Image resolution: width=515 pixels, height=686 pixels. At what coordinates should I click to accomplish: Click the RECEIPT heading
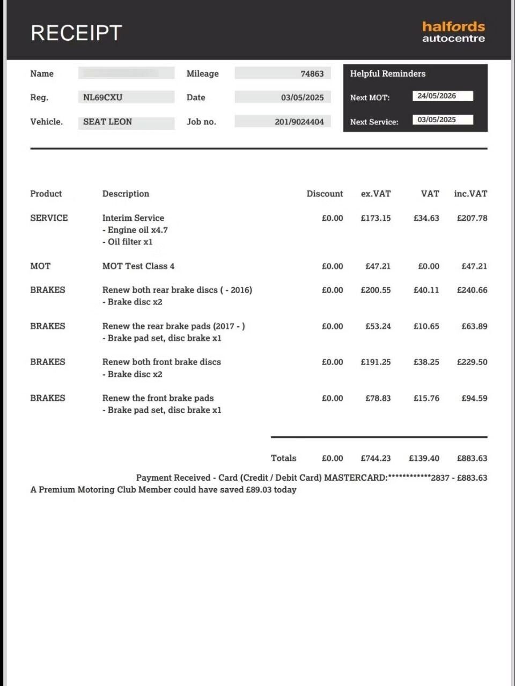pyautogui.click(x=76, y=33)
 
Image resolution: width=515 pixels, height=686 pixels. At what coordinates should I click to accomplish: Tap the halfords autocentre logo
pyautogui.click(x=453, y=32)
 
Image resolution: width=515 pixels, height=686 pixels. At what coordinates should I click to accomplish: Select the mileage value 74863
pyautogui.click(x=312, y=73)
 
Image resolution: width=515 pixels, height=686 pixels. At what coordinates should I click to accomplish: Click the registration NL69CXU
pyautogui.click(x=102, y=97)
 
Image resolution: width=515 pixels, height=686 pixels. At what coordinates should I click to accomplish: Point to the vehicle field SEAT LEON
pyautogui.click(x=107, y=122)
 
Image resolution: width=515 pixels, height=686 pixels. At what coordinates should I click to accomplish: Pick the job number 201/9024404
pyautogui.click(x=299, y=122)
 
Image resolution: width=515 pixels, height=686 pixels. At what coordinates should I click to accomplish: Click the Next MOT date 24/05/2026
pyautogui.click(x=437, y=96)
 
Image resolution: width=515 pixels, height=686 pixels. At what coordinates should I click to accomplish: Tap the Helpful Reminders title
pyautogui.click(x=387, y=73)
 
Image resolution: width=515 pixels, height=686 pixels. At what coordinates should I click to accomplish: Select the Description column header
pyautogui.click(x=126, y=193)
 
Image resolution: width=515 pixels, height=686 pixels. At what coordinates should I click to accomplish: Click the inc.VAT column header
pyautogui.click(x=470, y=193)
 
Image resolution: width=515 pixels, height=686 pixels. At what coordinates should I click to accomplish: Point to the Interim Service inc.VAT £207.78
pyautogui.click(x=472, y=218)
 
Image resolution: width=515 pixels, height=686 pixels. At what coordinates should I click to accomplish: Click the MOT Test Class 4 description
pyautogui.click(x=138, y=266)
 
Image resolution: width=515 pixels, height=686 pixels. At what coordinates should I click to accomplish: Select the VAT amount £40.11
pyautogui.click(x=426, y=290)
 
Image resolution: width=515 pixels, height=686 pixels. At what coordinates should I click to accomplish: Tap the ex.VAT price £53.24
pyautogui.click(x=378, y=326)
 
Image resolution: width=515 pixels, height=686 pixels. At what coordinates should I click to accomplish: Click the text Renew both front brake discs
pyautogui.click(x=161, y=362)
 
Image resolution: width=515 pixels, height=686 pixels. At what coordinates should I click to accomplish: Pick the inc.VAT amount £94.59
pyautogui.click(x=474, y=398)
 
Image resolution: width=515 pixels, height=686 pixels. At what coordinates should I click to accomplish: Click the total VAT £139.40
pyautogui.click(x=424, y=458)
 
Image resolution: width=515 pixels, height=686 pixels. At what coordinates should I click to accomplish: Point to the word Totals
pyautogui.click(x=283, y=458)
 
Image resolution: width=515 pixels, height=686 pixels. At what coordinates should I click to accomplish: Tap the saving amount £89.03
pyautogui.click(x=259, y=489)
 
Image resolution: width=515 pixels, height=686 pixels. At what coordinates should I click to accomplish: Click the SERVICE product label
pyautogui.click(x=49, y=218)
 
